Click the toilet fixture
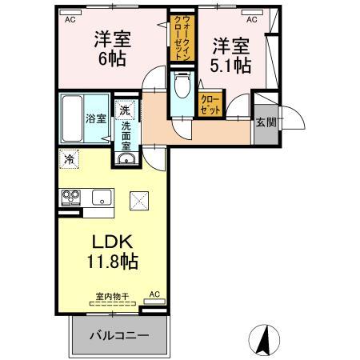click(182, 83)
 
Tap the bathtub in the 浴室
click(72, 118)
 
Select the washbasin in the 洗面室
click(126, 159)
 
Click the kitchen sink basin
click(102, 198)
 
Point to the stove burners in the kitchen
click(71, 198)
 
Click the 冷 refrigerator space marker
click(70, 159)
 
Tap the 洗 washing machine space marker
click(125, 110)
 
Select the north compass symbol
click(264, 340)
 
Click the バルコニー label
click(119, 335)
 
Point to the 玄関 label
click(266, 122)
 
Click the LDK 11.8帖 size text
click(112, 251)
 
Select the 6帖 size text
click(112, 59)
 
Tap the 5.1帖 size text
click(230, 66)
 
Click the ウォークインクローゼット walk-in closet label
click(182, 38)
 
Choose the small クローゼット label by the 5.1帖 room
click(210, 105)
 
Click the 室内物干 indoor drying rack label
click(113, 296)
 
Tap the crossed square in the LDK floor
click(139, 201)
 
